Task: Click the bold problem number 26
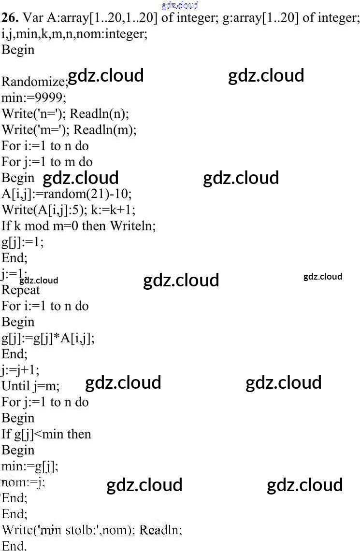(10, 18)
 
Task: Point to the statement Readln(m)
(105, 130)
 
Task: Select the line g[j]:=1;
(22, 242)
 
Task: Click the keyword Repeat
(21, 290)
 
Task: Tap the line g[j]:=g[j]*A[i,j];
(48, 338)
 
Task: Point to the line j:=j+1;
(20, 370)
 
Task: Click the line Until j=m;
(30, 386)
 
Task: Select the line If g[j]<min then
(46, 434)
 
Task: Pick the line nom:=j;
(23, 482)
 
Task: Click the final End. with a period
(14, 545)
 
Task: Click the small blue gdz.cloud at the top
(180, 5)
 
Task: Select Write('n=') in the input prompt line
(34, 114)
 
